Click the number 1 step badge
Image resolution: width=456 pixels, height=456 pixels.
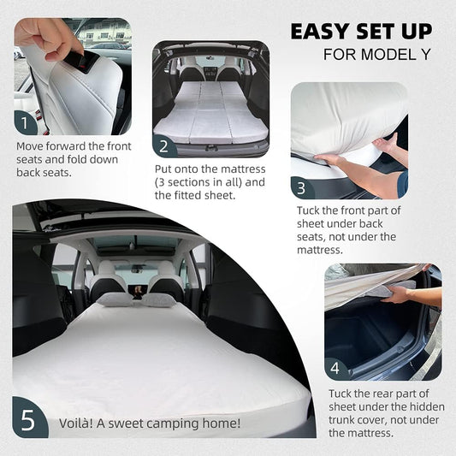pyautogui.click(x=26, y=121)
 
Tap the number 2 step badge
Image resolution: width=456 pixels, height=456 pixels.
pyautogui.click(x=167, y=145)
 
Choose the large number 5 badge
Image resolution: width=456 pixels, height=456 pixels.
pyautogui.click(x=29, y=422)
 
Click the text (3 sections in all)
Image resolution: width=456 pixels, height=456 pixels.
pyautogui.click(x=197, y=182)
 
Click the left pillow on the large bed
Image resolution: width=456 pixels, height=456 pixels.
pyautogui.click(x=114, y=299)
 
